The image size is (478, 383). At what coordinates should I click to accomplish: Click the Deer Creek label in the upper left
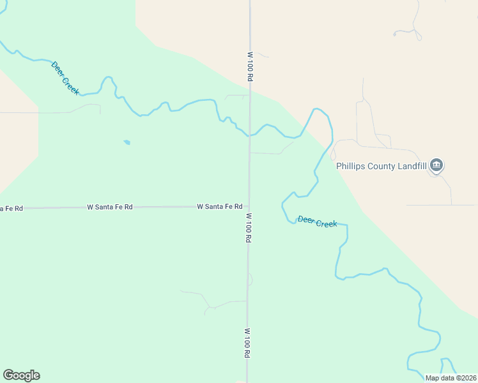(65, 79)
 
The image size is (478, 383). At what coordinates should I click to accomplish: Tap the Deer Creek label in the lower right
(317, 222)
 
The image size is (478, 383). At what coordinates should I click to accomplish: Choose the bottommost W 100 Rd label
(247, 343)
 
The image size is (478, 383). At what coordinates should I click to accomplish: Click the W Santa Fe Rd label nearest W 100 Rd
(219, 207)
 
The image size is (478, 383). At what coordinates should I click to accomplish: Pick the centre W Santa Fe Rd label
(110, 207)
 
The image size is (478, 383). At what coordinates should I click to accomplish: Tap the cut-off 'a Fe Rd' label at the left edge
(12, 209)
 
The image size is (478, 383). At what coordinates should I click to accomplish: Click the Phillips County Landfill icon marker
(436, 165)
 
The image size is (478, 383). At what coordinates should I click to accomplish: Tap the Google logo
(21, 375)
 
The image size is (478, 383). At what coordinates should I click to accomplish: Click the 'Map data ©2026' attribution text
(450, 378)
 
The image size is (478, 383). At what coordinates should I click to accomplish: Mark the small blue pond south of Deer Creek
(127, 142)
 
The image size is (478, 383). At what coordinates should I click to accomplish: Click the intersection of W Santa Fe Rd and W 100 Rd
(249, 206)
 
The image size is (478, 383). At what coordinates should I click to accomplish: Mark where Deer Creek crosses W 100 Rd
(250, 135)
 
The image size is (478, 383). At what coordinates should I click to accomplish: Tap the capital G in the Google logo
(8, 375)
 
